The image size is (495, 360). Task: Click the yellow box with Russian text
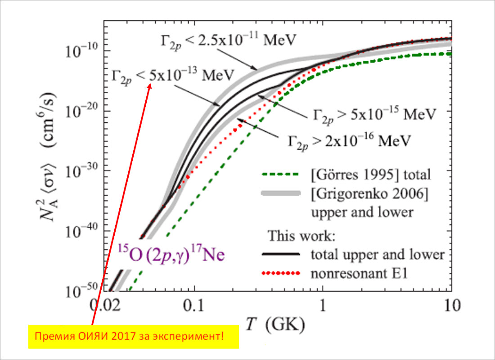pos(134,336)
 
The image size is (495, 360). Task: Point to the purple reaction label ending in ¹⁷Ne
pos(171,255)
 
